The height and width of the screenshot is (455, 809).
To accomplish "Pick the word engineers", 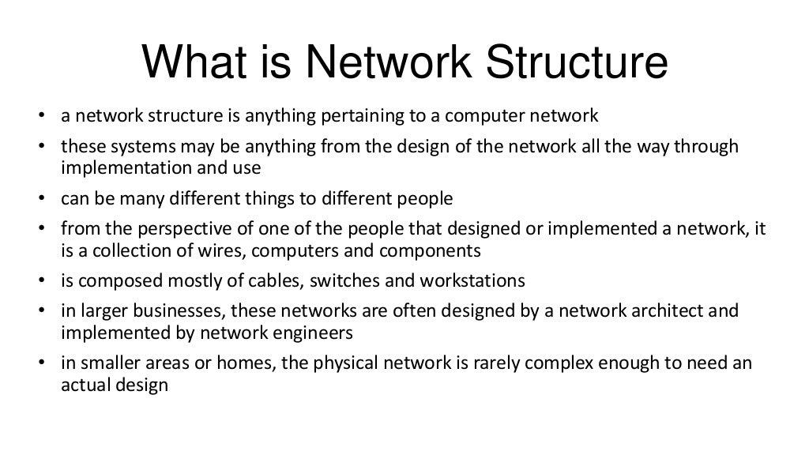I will pos(311,332).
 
